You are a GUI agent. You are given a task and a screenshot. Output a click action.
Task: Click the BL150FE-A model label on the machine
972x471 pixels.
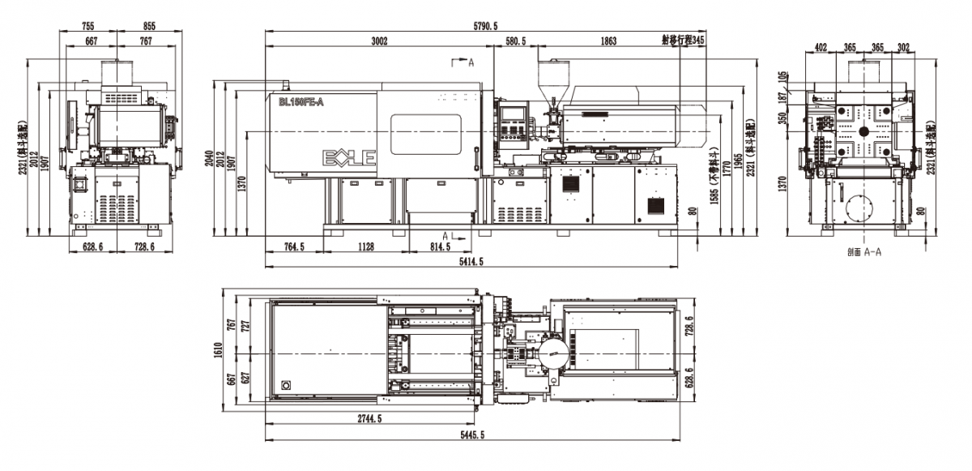click(x=301, y=101)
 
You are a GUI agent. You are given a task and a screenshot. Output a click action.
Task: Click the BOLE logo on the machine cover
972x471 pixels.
click(x=350, y=157)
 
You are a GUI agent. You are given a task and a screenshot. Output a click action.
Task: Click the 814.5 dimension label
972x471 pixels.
click(x=440, y=247)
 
